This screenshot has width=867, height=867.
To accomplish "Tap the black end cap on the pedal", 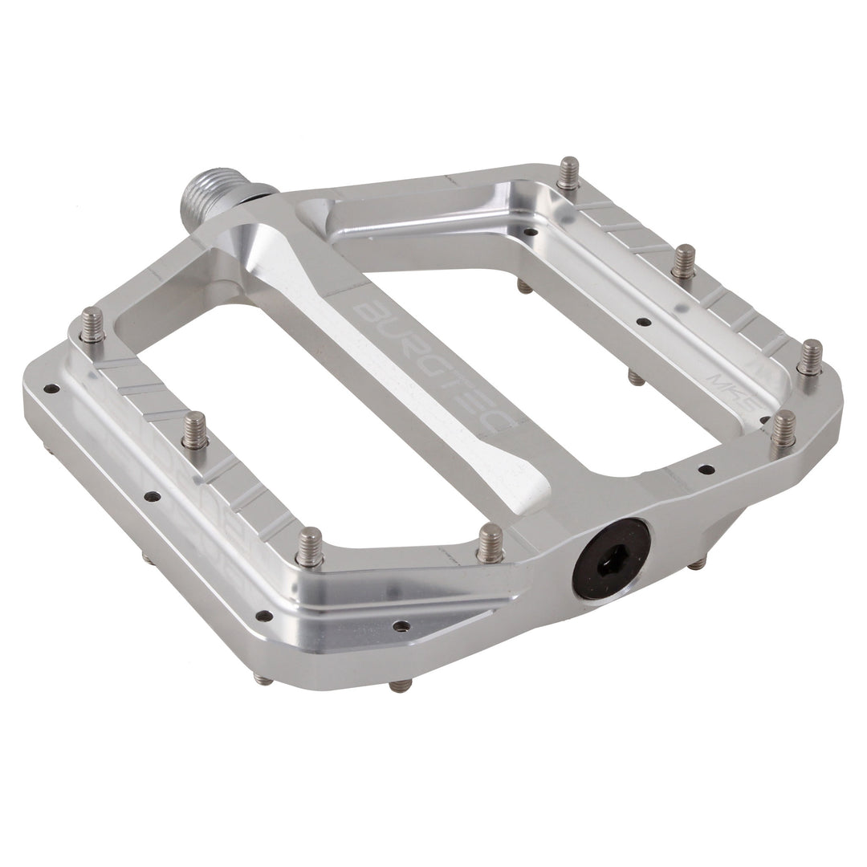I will pos(611,558).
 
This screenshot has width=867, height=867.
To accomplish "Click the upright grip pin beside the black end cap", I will pos(490,543).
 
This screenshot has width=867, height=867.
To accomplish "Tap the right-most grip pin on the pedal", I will pos(809,357).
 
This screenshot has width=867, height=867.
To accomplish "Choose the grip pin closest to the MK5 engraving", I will pos(783,429).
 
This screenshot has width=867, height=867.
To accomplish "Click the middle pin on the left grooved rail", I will pos(194,431).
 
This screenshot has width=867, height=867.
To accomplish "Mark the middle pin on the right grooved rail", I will pos(684,262).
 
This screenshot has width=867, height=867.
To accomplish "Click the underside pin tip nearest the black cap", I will pos(697,564).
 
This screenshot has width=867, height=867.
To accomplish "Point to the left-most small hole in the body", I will pos(51,389).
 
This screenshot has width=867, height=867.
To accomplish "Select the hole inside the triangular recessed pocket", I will pos(401,626).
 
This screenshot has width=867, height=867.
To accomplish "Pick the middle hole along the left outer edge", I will pos(152,496).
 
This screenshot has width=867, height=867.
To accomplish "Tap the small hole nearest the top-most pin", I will pos(530,232).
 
